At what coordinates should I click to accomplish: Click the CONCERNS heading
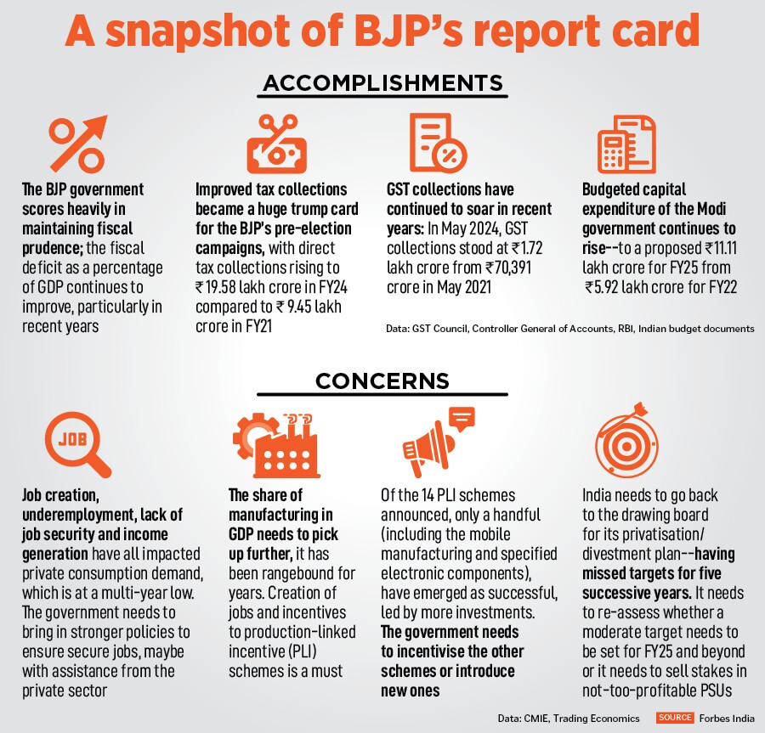[382, 380]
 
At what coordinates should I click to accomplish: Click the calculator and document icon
[626, 144]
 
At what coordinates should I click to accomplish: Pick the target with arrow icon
[626, 445]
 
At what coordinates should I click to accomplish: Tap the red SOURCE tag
[676, 718]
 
